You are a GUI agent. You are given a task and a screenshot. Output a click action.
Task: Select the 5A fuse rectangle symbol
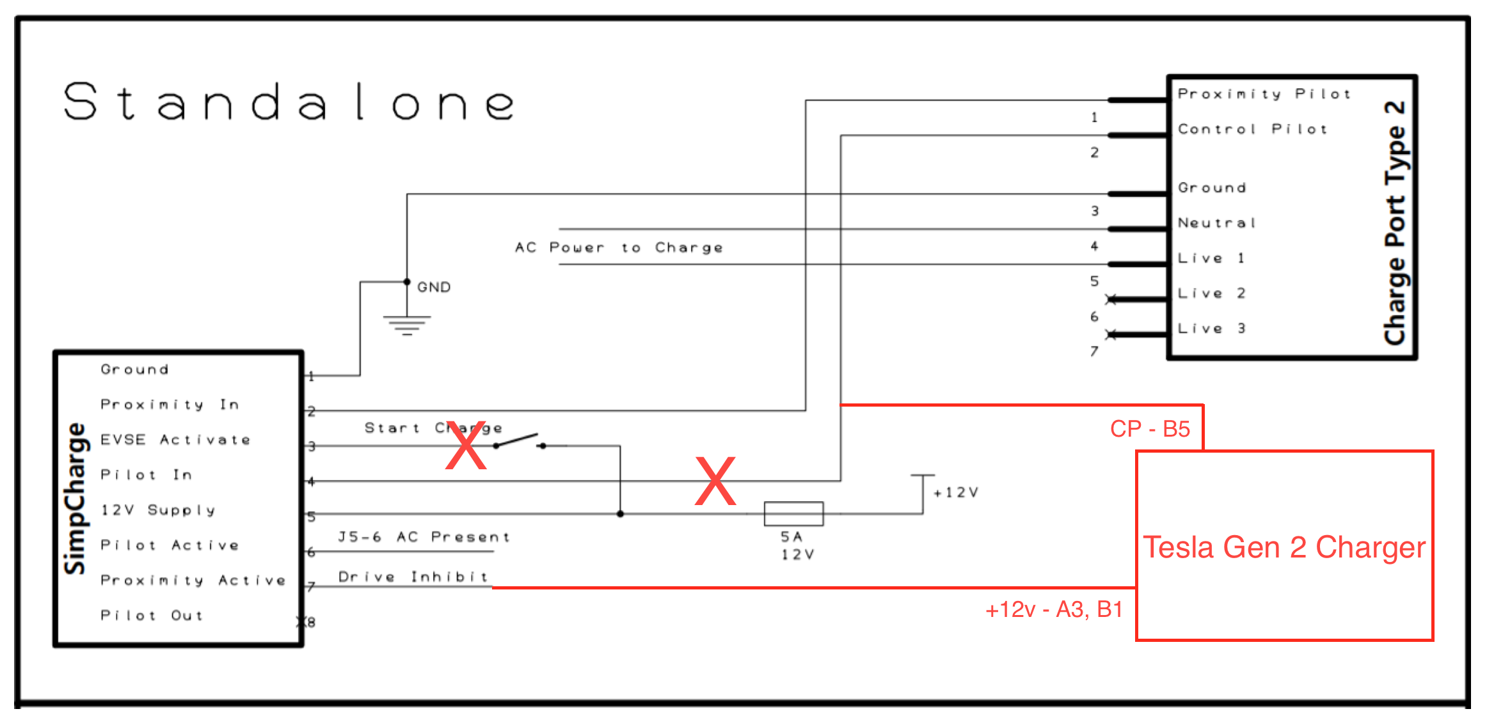[793, 513]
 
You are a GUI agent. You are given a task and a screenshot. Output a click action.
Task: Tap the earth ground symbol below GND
[407, 325]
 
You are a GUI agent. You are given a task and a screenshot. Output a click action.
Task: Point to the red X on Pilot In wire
[715, 481]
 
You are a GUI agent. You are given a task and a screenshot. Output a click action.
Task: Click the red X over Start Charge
[466, 446]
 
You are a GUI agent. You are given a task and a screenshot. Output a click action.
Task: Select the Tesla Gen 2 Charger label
[1284, 547]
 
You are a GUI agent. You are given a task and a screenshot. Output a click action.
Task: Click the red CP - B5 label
[1150, 429]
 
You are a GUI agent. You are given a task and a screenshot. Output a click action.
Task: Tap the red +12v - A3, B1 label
[1054, 609]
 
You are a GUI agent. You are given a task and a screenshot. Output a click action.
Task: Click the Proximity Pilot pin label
[1264, 94]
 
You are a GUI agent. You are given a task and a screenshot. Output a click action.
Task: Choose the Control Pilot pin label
[1252, 129]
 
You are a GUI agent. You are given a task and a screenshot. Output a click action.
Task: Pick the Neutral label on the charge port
[1217, 223]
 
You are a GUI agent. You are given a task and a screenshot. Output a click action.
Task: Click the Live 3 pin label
[1211, 329]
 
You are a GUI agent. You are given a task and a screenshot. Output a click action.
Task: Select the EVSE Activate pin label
[175, 440]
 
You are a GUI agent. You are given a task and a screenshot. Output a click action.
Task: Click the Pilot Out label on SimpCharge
[152, 615]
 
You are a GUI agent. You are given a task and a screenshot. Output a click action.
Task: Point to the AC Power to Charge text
[619, 247]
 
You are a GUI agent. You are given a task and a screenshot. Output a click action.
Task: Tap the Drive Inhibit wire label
[413, 577]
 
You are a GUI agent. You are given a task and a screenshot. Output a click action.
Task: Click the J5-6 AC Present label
[424, 537]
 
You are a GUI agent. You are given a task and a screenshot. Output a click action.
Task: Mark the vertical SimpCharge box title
[75, 499]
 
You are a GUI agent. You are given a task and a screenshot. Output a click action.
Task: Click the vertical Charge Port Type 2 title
[1396, 222]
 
